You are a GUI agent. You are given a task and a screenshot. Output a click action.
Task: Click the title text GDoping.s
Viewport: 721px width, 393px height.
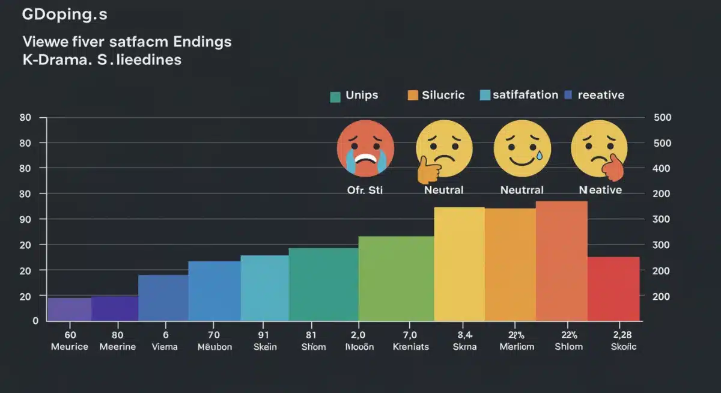coord(64,16)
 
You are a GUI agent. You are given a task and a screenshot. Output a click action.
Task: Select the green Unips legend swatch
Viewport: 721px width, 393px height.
coord(335,96)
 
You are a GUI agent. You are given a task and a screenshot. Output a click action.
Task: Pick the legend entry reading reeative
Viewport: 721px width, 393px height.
coord(600,95)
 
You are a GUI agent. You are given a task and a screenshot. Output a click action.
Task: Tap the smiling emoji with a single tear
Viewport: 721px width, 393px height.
coord(522,147)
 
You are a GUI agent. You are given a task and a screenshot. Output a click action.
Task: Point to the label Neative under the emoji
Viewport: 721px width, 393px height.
coord(600,190)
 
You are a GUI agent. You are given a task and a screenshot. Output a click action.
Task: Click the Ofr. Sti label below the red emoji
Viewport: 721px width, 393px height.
coord(365,190)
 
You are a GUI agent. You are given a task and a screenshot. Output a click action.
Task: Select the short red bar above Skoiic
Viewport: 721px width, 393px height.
coord(613,288)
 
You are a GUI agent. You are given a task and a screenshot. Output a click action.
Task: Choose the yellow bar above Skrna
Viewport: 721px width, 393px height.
coord(459,264)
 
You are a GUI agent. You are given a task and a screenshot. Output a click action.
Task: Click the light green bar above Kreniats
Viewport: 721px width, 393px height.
coord(396,278)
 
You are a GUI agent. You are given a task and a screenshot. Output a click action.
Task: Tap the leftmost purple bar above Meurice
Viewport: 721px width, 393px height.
coord(70,309)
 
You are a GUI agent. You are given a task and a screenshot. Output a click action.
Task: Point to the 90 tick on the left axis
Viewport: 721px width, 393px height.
coord(25,219)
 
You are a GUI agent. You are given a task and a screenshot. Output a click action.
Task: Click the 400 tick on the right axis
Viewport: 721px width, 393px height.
coord(660,168)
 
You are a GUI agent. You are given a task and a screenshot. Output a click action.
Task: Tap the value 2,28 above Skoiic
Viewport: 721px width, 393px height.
coord(613,335)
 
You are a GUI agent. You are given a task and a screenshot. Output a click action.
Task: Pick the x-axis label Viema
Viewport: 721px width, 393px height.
coord(164,347)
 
